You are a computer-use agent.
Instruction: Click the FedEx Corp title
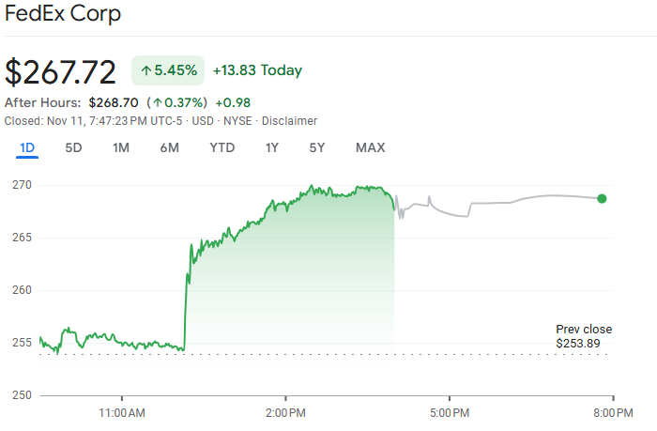(x=63, y=16)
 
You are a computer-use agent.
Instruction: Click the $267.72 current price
(x=61, y=72)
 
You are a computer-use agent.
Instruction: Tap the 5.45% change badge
(x=168, y=70)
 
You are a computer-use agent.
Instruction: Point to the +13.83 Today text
(x=257, y=70)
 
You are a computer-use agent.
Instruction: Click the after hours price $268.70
(x=114, y=102)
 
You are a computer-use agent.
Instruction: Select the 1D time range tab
(x=27, y=147)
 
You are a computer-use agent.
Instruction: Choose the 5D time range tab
(x=73, y=147)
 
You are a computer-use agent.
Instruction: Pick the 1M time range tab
(x=121, y=147)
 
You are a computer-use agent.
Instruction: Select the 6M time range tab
(x=169, y=147)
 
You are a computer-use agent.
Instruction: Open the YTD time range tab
(x=222, y=147)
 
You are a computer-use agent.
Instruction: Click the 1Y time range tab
(x=272, y=147)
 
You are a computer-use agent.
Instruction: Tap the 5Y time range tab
(x=317, y=147)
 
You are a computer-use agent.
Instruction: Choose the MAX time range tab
(x=370, y=147)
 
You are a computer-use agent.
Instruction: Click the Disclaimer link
(x=289, y=121)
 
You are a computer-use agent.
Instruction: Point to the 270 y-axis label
(x=23, y=185)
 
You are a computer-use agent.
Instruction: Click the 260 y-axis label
(x=23, y=290)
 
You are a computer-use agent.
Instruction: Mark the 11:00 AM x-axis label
(x=122, y=412)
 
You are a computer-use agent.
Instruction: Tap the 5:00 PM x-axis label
(x=450, y=412)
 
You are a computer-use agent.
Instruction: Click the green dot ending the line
(x=602, y=198)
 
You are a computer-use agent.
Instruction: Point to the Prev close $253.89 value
(x=583, y=343)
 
